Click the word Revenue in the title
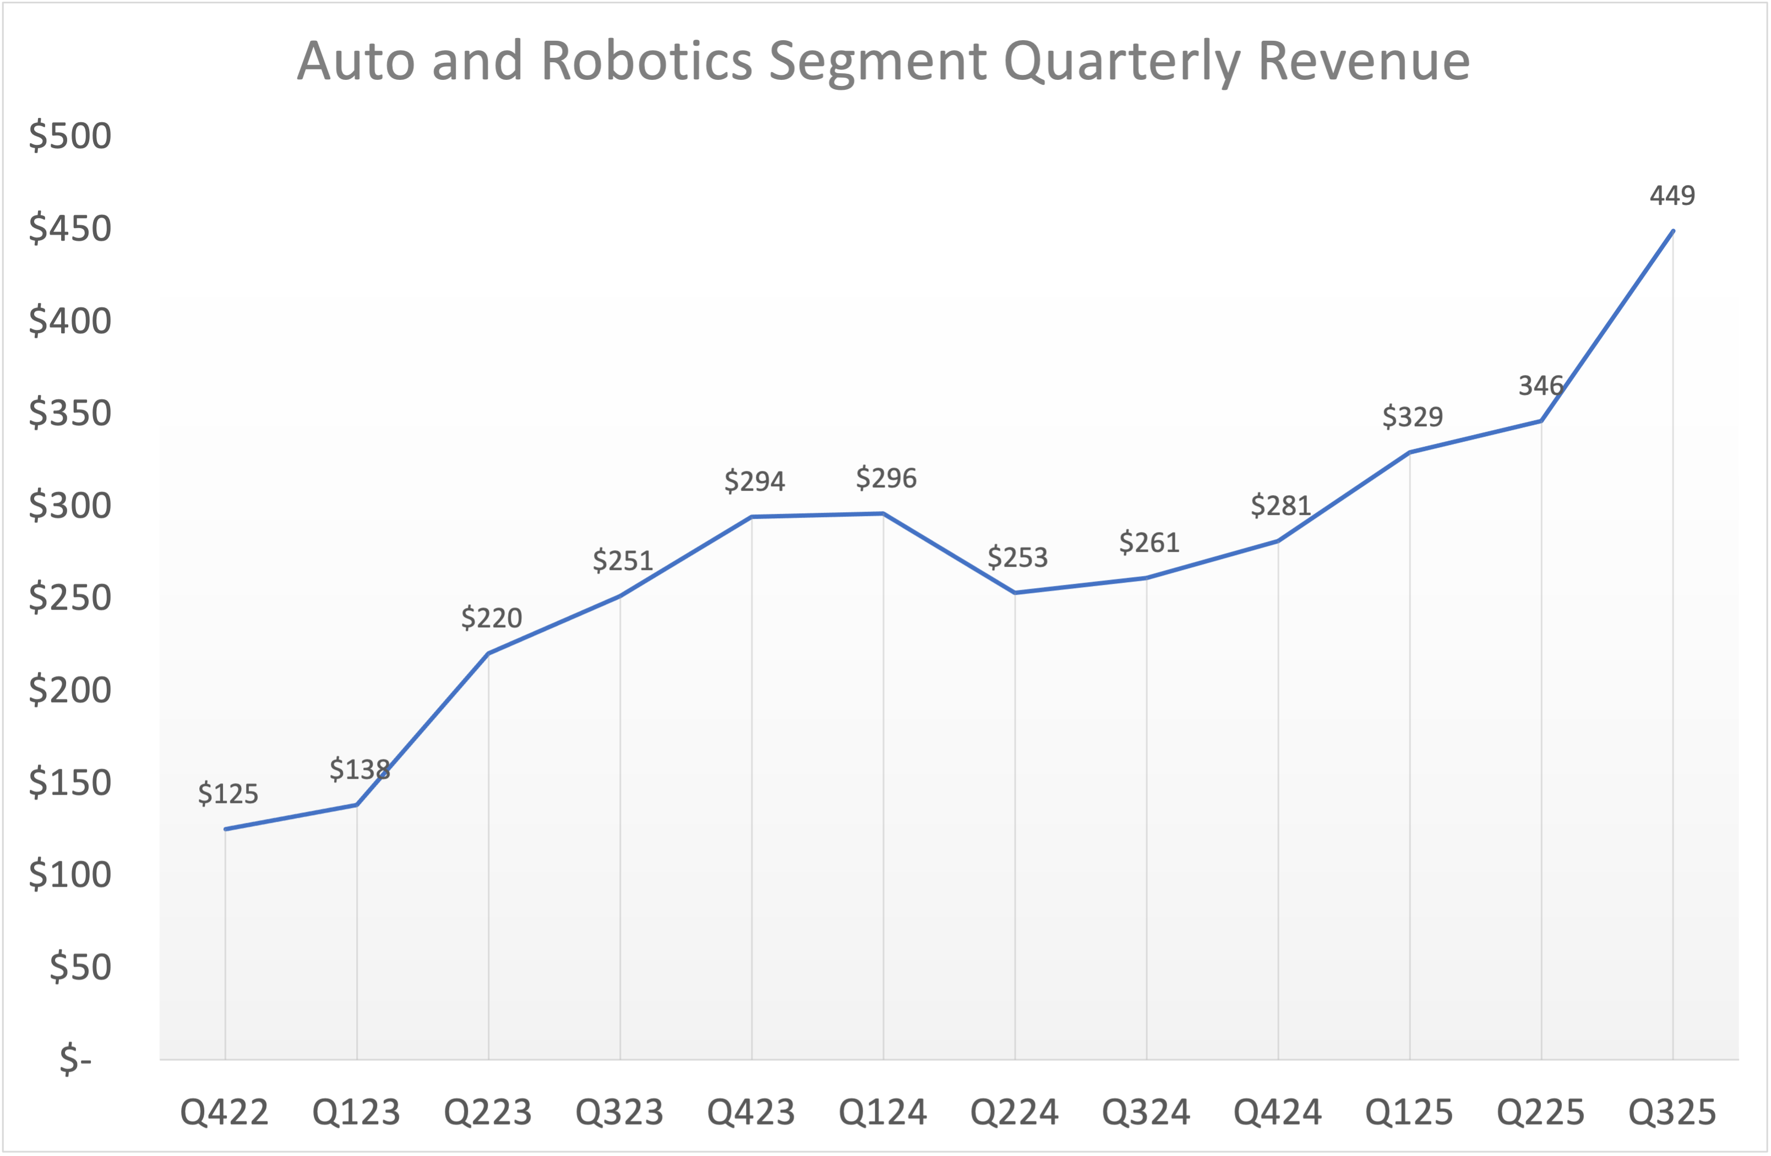[x=1363, y=61]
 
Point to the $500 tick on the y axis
[x=70, y=136]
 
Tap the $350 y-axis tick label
[x=70, y=413]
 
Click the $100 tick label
[x=70, y=875]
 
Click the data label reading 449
[x=1672, y=196]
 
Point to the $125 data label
[x=228, y=794]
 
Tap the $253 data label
[x=1017, y=557]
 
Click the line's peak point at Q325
[x=1673, y=231]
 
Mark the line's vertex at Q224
[x=1015, y=593]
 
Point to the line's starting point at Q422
[x=226, y=828]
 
